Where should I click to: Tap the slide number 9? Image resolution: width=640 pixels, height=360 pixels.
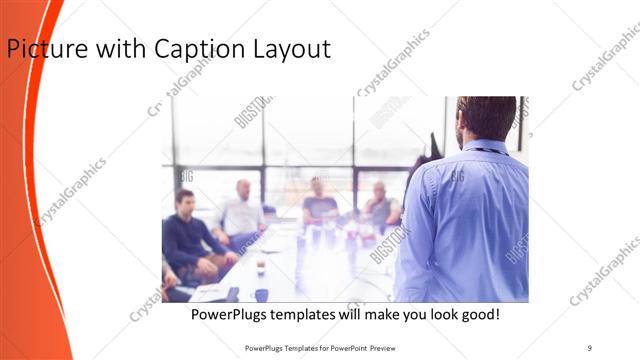[x=590, y=347]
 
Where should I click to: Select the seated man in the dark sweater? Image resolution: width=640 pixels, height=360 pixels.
[x=187, y=235]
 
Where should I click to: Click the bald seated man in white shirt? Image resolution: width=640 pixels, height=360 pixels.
[x=241, y=212]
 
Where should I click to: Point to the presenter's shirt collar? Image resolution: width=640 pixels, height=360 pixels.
[x=487, y=147]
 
